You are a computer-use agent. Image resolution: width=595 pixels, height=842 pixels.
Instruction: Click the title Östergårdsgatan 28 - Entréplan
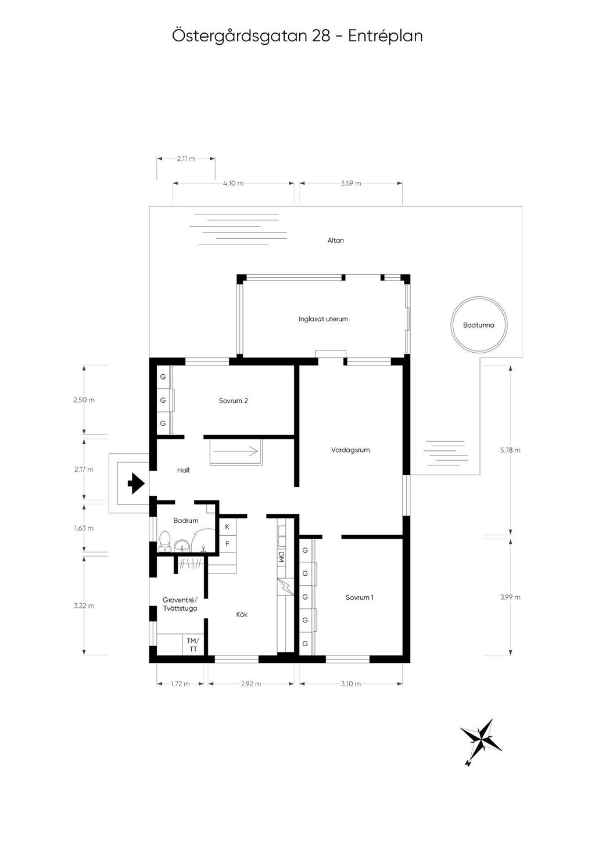(297, 36)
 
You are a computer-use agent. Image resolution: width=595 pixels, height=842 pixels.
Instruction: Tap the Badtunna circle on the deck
(479, 325)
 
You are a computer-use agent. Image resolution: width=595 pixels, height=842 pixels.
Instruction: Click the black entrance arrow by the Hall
(135, 483)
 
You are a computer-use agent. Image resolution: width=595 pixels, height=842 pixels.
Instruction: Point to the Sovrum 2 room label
(234, 400)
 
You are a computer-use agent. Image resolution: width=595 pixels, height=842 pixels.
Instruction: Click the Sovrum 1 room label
(359, 597)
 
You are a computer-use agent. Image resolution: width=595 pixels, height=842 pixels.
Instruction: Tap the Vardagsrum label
(350, 450)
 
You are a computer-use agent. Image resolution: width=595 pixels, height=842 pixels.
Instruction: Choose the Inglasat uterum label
(323, 319)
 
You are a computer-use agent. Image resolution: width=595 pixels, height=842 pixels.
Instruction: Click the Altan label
(335, 240)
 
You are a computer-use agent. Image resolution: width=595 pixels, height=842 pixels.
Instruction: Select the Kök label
(242, 614)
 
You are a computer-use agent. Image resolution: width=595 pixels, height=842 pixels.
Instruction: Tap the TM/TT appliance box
(192, 644)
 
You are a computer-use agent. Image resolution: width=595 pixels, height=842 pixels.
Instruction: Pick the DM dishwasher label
(281, 556)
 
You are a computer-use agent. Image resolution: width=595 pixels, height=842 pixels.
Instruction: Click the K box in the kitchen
(227, 526)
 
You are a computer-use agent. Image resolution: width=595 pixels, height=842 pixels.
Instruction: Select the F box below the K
(227, 544)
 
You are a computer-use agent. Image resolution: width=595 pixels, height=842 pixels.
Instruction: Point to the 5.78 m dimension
(510, 450)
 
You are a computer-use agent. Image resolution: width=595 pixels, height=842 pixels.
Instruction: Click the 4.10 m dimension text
(233, 183)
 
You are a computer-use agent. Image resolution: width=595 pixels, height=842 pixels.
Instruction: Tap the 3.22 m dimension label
(84, 605)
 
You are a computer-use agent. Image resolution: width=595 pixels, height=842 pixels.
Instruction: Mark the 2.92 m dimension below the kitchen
(250, 684)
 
